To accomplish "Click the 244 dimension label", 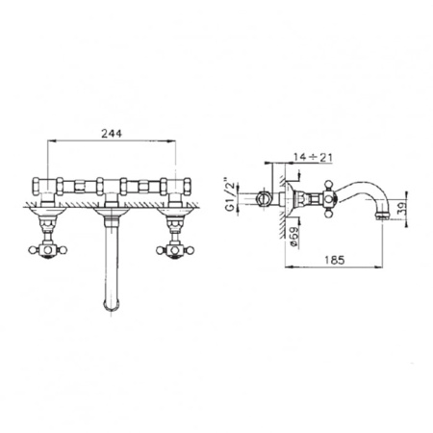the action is pyautogui.click(x=112, y=134).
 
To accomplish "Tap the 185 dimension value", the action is pyautogui.click(x=334, y=260).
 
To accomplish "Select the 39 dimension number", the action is pyautogui.click(x=402, y=209).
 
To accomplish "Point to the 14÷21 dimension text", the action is pyautogui.click(x=313, y=158).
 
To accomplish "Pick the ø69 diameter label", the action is pyautogui.click(x=293, y=237).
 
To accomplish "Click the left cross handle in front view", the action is pyautogui.click(x=47, y=250).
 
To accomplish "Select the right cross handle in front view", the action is pyautogui.click(x=175, y=250).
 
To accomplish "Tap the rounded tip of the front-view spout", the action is pyautogui.click(x=112, y=306).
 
